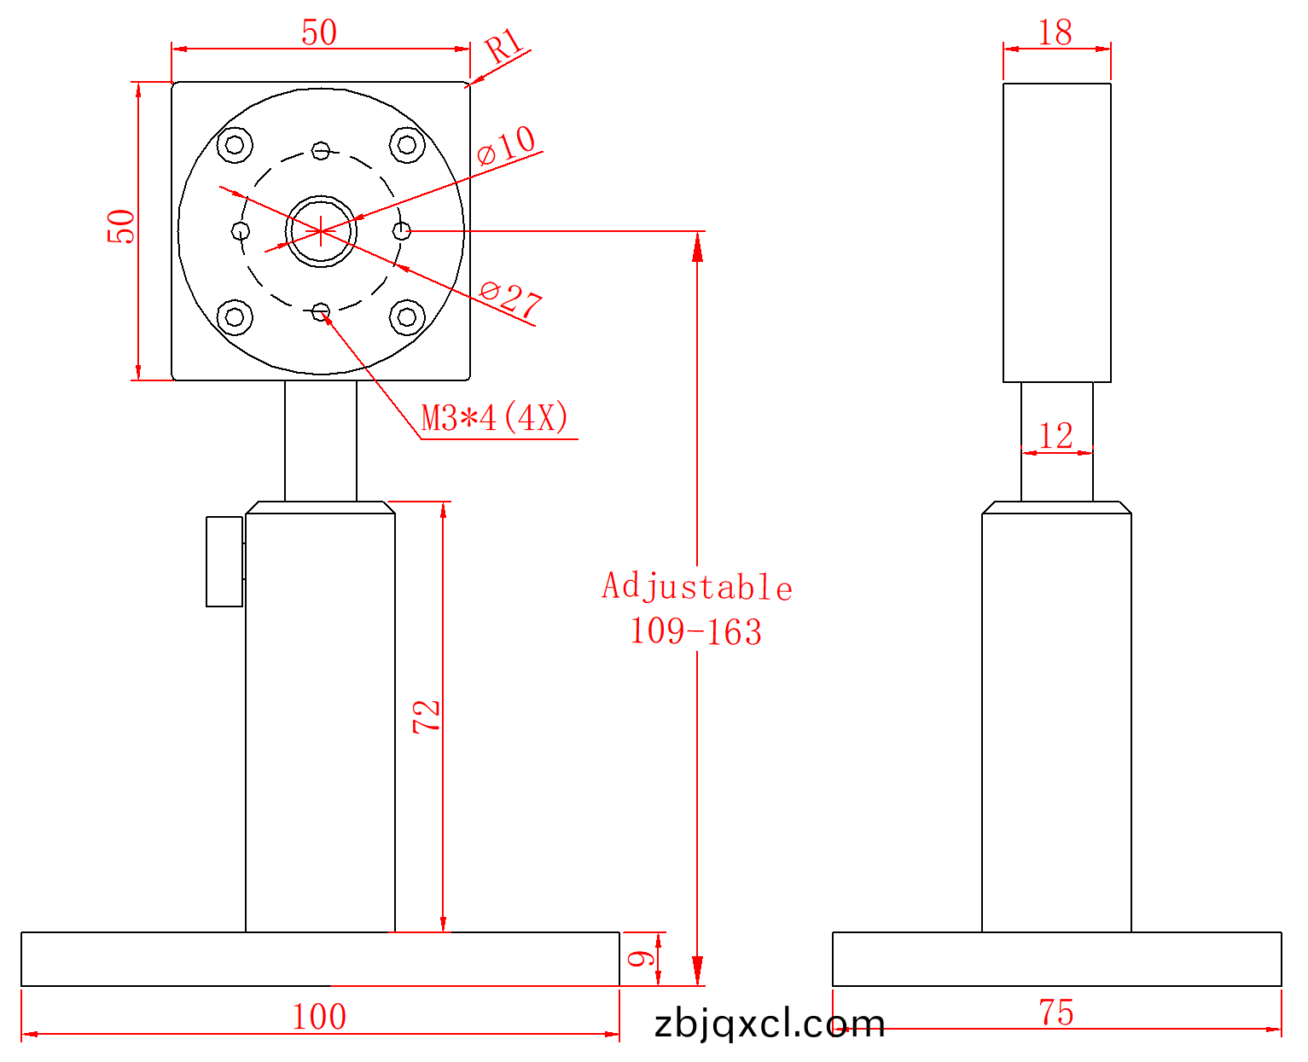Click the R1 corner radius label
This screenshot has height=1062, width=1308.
point(503,45)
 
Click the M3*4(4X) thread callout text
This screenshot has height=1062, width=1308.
point(494,418)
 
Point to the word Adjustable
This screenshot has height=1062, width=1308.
point(697,588)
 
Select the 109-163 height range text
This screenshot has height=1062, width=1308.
point(695,632)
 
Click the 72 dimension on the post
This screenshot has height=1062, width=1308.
point(427,717)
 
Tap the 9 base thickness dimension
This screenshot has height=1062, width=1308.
point(642,958)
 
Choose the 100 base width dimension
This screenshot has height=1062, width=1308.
point(319,1017)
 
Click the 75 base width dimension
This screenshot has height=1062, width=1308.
point(1056,1013)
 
